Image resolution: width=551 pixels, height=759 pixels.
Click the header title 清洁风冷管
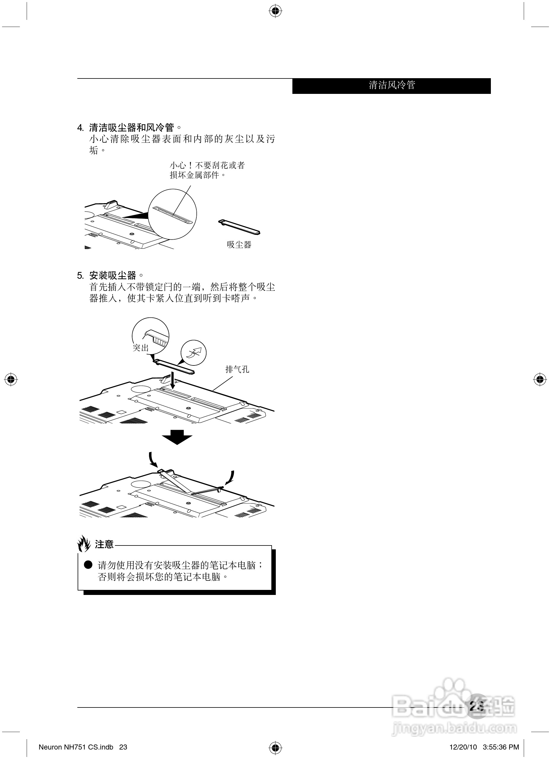point(392,85)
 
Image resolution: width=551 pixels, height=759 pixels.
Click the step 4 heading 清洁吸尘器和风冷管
point(131,128)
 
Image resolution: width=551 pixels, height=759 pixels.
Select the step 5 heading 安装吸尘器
point(113,275)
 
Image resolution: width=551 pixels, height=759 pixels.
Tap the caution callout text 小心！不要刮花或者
point(207,165)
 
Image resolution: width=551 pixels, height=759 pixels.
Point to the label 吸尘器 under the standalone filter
point(239,245)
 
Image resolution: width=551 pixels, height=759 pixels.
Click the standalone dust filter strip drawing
point(239,227)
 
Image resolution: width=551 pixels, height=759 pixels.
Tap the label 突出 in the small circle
point(141,348)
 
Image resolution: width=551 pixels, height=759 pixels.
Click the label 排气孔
point(237,370)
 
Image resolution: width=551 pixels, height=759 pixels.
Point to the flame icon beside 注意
point(84,544)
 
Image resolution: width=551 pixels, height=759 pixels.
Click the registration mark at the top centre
point(275,11)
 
